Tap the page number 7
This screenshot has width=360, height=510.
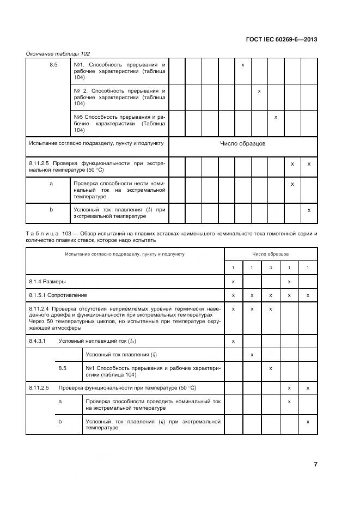coord(315,464)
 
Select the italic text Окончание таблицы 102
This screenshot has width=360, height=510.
coord(58,53)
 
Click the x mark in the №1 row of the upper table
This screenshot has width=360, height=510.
coord(243,65)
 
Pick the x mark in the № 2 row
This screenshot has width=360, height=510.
coord(259,91)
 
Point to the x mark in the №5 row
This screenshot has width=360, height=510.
coord(276,117)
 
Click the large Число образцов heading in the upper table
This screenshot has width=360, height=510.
coord(242,143)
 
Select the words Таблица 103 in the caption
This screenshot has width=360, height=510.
coord(46,233)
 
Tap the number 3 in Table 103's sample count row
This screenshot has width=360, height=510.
coord(271,268)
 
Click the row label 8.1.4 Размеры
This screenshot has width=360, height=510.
coord(47,282)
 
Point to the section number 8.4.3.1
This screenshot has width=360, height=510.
coord(36,341)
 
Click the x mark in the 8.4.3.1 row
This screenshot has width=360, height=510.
coord(233,341)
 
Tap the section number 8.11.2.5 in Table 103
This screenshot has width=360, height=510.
coord(39,388)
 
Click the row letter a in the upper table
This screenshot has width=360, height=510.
coord(51,184)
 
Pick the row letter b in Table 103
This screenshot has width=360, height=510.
coord(60,421)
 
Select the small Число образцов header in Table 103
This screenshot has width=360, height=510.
coord(270,254)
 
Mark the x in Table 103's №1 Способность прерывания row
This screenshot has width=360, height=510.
coord(271,368)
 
